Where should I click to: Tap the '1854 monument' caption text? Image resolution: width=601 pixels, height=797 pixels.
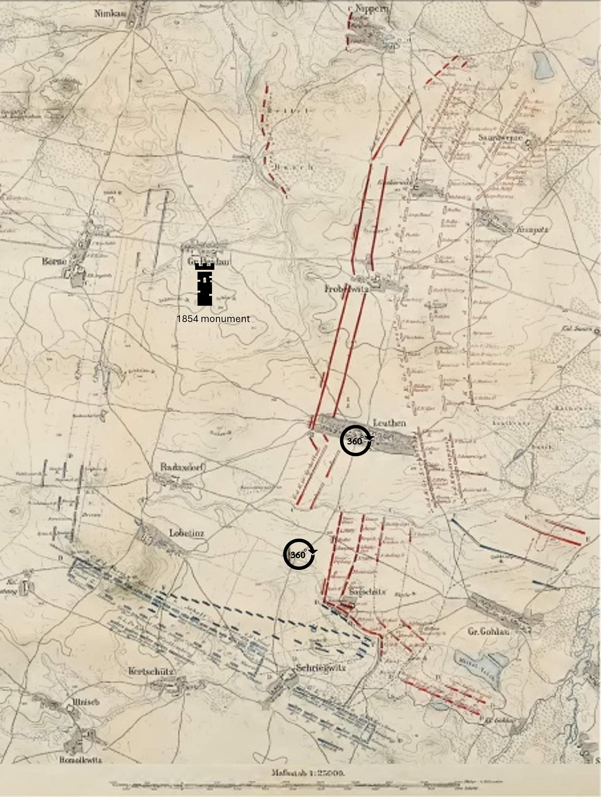click(x=213, y=319)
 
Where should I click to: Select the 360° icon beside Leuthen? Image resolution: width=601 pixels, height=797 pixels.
click(x=356, y=440)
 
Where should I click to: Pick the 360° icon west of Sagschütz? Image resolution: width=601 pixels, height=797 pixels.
click(x=299, y=554)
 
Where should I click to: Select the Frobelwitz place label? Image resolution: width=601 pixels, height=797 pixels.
click(x=346, y=288)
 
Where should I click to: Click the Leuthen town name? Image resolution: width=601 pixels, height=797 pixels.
click(x=389, y=423)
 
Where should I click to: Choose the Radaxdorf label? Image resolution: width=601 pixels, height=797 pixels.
click(x=183, y=467)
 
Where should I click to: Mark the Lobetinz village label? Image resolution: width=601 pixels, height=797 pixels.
click(x=186, y=533)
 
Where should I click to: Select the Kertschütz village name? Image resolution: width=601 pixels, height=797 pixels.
click(x=151, y=671)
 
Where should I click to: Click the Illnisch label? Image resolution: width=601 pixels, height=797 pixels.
click(x=85, y=702)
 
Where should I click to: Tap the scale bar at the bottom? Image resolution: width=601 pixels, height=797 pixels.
click(x=307, y=784)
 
